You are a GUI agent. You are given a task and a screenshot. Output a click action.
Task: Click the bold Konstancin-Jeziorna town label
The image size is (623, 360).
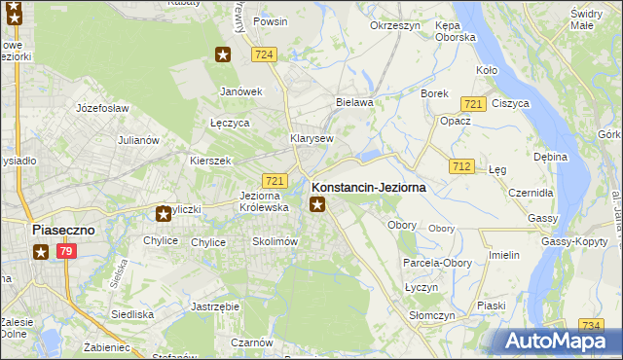point(368,187)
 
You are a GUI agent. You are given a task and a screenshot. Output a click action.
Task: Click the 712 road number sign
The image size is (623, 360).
point(461,166)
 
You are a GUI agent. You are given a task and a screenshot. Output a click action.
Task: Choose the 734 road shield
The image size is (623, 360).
point(590,324)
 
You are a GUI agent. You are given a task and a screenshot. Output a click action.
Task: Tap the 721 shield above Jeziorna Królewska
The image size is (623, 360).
point(275,181)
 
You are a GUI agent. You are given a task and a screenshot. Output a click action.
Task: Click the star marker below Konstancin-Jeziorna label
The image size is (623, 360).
point(316,204)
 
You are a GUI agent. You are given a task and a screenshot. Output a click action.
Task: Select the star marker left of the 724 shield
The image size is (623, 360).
point(223,54)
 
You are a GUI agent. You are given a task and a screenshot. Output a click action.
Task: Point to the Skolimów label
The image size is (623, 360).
point(274,241)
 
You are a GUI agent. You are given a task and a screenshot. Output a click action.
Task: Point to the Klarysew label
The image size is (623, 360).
point(311,138)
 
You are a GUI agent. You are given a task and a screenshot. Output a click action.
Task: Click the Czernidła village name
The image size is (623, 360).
point(531,193)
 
